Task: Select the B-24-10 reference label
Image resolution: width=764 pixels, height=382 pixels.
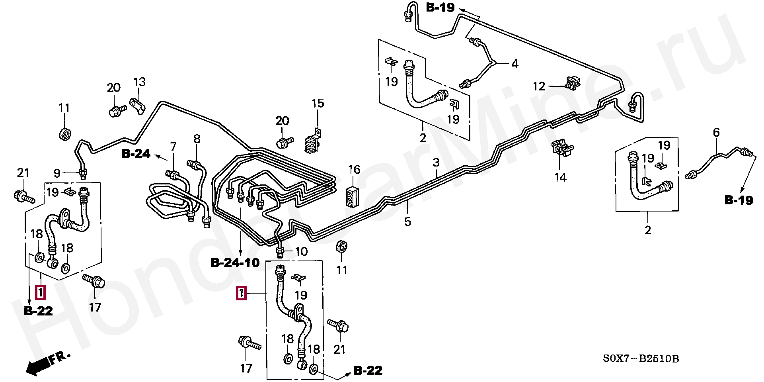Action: coord(235,263)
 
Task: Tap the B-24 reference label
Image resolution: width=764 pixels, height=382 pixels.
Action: coord(136,153)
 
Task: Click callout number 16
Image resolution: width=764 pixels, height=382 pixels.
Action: coord(354,169)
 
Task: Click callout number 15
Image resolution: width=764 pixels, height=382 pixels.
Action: coord(318,104)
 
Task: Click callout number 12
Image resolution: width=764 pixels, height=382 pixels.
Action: coord(539,86)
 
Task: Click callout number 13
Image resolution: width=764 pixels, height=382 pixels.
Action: coord(139,82)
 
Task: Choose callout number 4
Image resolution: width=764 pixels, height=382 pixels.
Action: coord(515,63)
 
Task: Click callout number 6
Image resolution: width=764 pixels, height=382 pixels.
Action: coord(716,133)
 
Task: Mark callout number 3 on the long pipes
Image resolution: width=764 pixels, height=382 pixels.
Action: coord(436,163)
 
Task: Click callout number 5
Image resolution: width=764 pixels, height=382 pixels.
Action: coord(407,221)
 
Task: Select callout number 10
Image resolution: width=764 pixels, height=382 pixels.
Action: coord(302,252)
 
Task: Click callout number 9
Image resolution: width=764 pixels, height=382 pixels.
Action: coord(57,173)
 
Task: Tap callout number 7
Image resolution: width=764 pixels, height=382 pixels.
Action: coord(173,146)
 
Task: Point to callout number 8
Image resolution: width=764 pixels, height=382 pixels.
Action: coord(197,139)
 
